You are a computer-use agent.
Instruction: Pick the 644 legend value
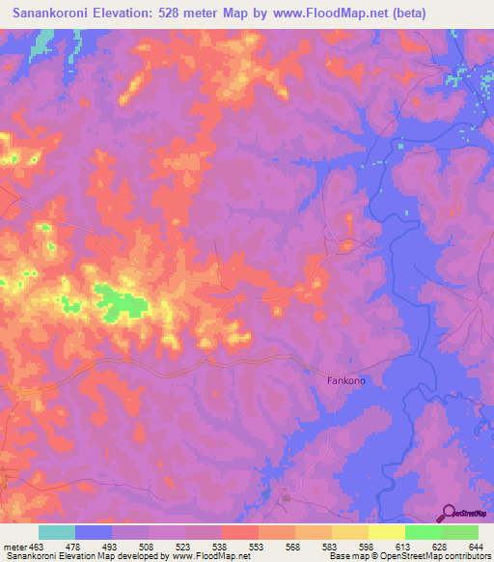tap(474, 547)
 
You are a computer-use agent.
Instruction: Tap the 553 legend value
tap(257, 547)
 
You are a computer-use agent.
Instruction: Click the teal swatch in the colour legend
tap(57, 532)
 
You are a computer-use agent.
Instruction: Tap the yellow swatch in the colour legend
tap(386, 532)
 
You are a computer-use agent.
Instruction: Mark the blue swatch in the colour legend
tap(94, 532)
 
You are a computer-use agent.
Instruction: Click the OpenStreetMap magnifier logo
tap(450, 512)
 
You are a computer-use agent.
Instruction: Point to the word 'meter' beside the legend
tap(14, 547)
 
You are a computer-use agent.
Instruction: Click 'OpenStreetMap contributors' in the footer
tap(435, 557)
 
